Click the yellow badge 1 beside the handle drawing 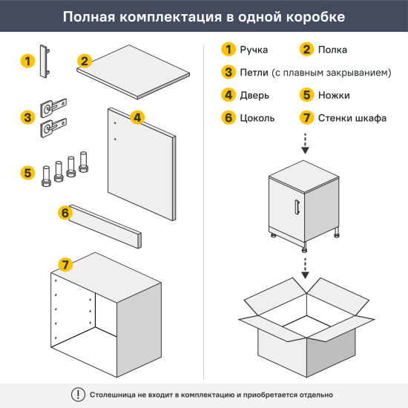tap(27, 61)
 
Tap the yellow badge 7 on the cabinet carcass tap(65, 265)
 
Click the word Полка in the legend tap(332, 50)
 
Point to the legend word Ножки tap(335, 95)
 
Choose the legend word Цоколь tap(257, 117)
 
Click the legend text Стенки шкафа tap(346, 117)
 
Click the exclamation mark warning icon tap(77, 395)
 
